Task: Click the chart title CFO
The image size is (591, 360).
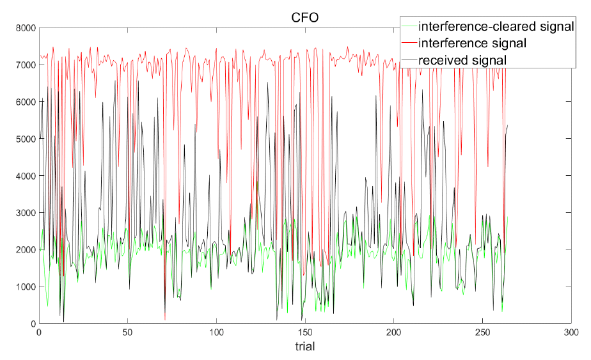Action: [x=305, y=17]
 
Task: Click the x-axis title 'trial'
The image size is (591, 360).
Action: [x=304, y=347]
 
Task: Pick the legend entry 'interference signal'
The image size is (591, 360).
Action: [x=472, y=43]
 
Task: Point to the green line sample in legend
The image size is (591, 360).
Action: [x=408, y=27]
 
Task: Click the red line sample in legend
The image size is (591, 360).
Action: [x=408, y=43]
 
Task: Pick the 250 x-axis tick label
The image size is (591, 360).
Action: [x=483, y=333]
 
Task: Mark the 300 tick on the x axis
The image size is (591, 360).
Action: [x=571, y=333]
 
